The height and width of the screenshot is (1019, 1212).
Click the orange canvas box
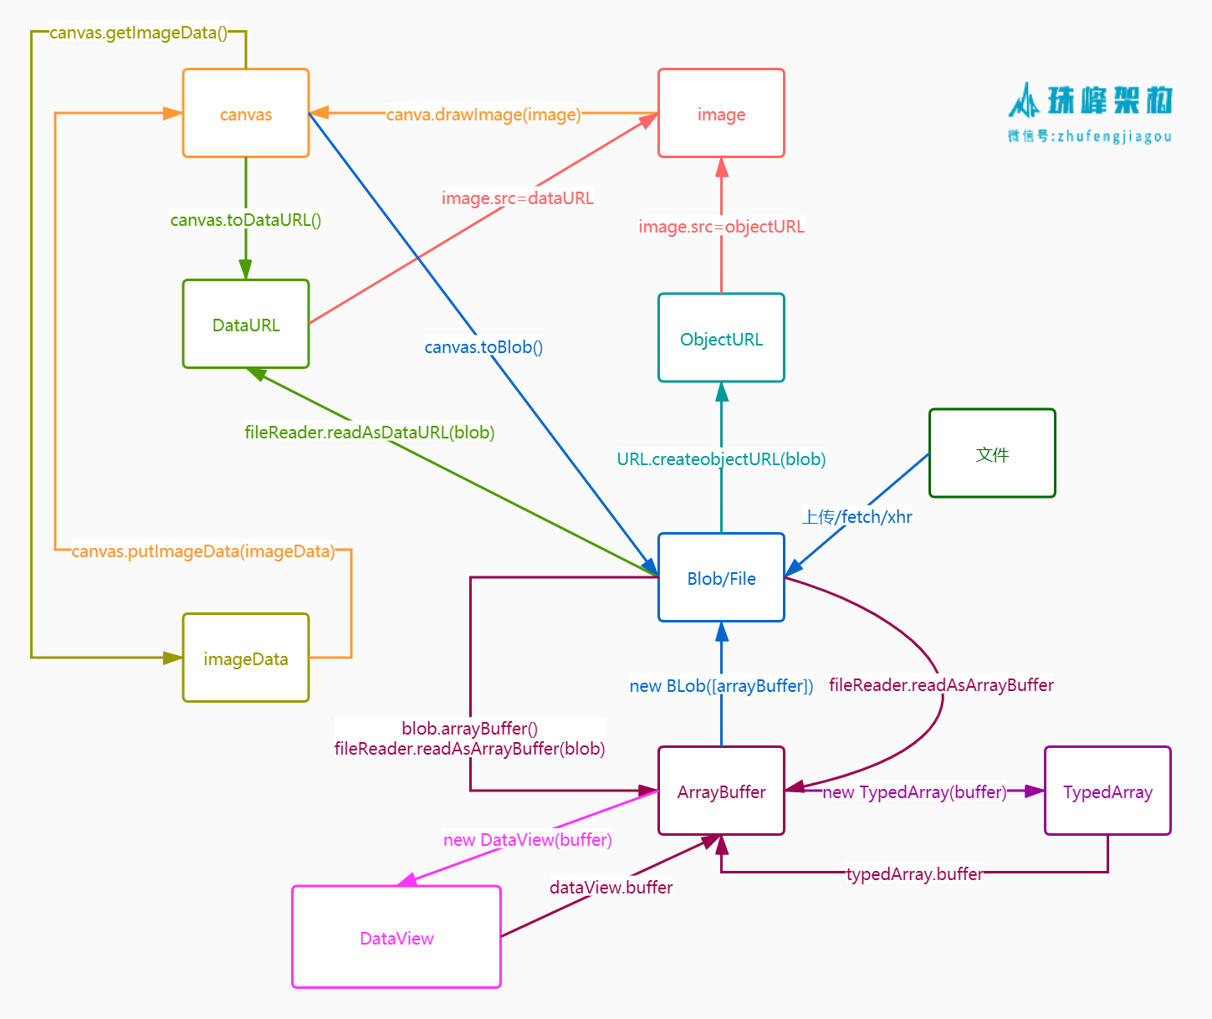click(246, 113)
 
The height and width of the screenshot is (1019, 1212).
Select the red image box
click(721, 113)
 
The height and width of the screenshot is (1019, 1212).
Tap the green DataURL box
click(246, 324)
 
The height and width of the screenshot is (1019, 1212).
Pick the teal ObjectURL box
click(721, 338)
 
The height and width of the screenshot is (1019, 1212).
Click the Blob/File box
click(721, 577)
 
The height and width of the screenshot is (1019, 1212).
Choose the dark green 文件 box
click(992, 453)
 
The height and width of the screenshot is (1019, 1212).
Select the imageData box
click(246, 658)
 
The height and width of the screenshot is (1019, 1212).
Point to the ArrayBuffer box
click(721, 791)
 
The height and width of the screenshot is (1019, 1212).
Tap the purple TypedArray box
click(1107, 791)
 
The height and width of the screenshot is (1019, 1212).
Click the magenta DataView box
click(396, 937)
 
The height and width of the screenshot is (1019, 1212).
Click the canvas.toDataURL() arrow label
click(246, 220)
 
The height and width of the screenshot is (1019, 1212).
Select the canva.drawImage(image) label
click(483, 115)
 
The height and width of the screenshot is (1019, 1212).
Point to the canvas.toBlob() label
click(483, 347)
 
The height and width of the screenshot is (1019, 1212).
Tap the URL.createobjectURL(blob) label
click(721, 459)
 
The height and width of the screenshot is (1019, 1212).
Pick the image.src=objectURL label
click(721, 227)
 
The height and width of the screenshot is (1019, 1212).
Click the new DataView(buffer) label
click(528, 840)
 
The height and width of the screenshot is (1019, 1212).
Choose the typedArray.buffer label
click(914, 874)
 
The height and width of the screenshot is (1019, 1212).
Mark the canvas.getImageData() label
click(139, 33)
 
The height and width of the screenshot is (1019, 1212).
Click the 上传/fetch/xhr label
click(857, 517)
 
